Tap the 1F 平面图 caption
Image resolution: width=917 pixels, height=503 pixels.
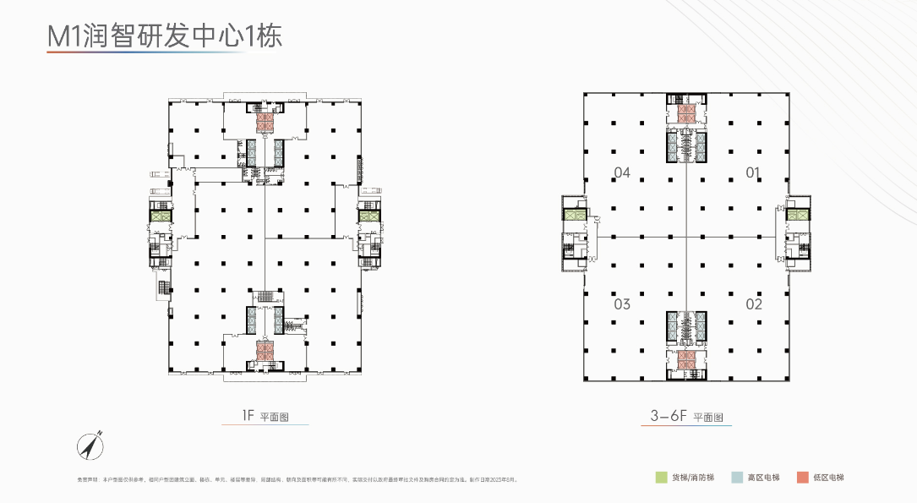point(265,415)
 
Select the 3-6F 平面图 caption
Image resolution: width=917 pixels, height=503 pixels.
point(685,417)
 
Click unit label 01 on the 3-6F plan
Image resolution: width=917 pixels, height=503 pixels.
point(754,173)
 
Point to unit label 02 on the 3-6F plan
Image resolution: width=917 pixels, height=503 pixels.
point(754,303)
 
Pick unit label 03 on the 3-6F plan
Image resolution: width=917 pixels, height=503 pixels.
point(622,303)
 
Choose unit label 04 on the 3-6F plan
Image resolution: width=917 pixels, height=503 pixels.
point(622,173)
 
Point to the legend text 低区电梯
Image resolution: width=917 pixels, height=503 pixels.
point(828,478)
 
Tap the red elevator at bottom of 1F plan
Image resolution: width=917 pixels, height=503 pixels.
point(265,349)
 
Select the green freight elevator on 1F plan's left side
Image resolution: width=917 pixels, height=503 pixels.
point(161,216)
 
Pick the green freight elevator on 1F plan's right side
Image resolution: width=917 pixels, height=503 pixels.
point(369,216)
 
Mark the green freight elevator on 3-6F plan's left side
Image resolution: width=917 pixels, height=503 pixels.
point(575,216)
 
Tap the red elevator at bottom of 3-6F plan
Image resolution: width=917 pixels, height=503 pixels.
point(685,358)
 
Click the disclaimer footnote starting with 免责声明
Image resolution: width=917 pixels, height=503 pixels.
point(296,478)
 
